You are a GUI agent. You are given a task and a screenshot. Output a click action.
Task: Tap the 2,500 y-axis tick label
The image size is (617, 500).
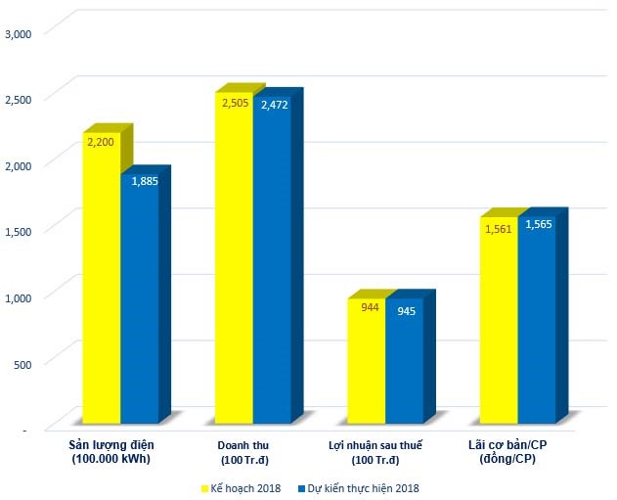click(20, 99)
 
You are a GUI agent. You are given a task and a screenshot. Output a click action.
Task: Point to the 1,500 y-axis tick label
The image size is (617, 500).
click(20, 231)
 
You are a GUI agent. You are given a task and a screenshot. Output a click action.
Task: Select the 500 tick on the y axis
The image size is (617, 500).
click(23, 363)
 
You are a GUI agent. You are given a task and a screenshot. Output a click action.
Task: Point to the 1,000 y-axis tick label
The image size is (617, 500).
click(20, 296)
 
